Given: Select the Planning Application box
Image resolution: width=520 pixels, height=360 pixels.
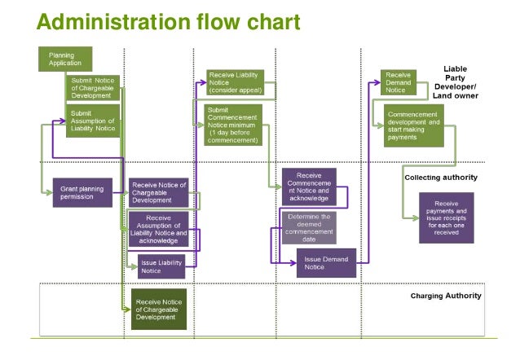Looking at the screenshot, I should click(x=64, y=59).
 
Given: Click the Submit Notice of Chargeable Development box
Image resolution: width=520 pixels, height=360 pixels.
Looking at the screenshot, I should click(x=93, y=88).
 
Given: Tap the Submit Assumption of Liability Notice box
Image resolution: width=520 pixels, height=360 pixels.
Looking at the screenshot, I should click(x=93, y=120).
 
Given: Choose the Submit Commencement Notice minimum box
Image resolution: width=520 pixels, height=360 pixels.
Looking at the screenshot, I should click(x=232, y=125).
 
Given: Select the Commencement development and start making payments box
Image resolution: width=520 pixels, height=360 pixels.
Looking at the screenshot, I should click(x=414, y=125).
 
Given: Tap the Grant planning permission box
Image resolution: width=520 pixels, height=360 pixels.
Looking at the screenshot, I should click(x=82, y=192).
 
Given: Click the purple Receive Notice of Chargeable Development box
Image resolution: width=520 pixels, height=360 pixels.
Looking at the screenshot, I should click(x=158, y=192).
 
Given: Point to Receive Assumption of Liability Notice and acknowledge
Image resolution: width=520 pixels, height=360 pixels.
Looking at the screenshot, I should click(x=158, y=229).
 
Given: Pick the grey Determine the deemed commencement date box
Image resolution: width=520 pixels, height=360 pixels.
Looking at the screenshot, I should click(x=308, y=227).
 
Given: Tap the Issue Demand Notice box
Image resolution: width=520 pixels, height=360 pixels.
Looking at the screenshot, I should click(x=326, y=263).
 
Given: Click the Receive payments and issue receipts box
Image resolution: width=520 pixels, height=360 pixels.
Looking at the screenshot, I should click(x=446, y=217).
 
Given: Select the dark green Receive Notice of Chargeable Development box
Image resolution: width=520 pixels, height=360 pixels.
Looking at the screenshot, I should click(x=159, y=309).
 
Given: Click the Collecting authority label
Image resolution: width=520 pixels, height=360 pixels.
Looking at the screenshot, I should click(x=440, y=177).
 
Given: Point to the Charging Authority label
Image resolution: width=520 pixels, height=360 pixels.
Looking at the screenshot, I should click(x=445, y=295).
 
